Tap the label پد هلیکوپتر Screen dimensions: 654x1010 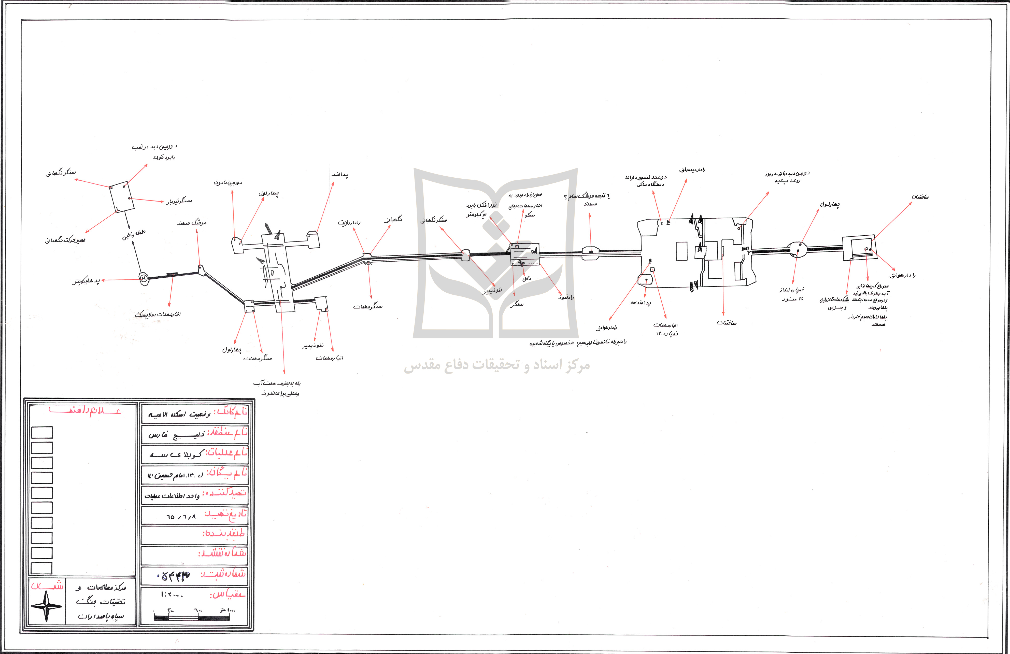click(87, 281)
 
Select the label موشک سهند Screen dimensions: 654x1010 click(192, 222)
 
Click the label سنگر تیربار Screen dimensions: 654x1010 click(179, 201)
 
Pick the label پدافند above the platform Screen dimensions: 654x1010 click(340, 174)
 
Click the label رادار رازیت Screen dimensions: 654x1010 click(349, 222)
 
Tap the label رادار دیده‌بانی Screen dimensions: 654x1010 click(692, 170)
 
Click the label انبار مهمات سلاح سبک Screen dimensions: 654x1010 click(158, 315)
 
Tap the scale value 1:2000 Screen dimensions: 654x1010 click(172, 595)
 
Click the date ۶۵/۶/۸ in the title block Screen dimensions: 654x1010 click(181, 517)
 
